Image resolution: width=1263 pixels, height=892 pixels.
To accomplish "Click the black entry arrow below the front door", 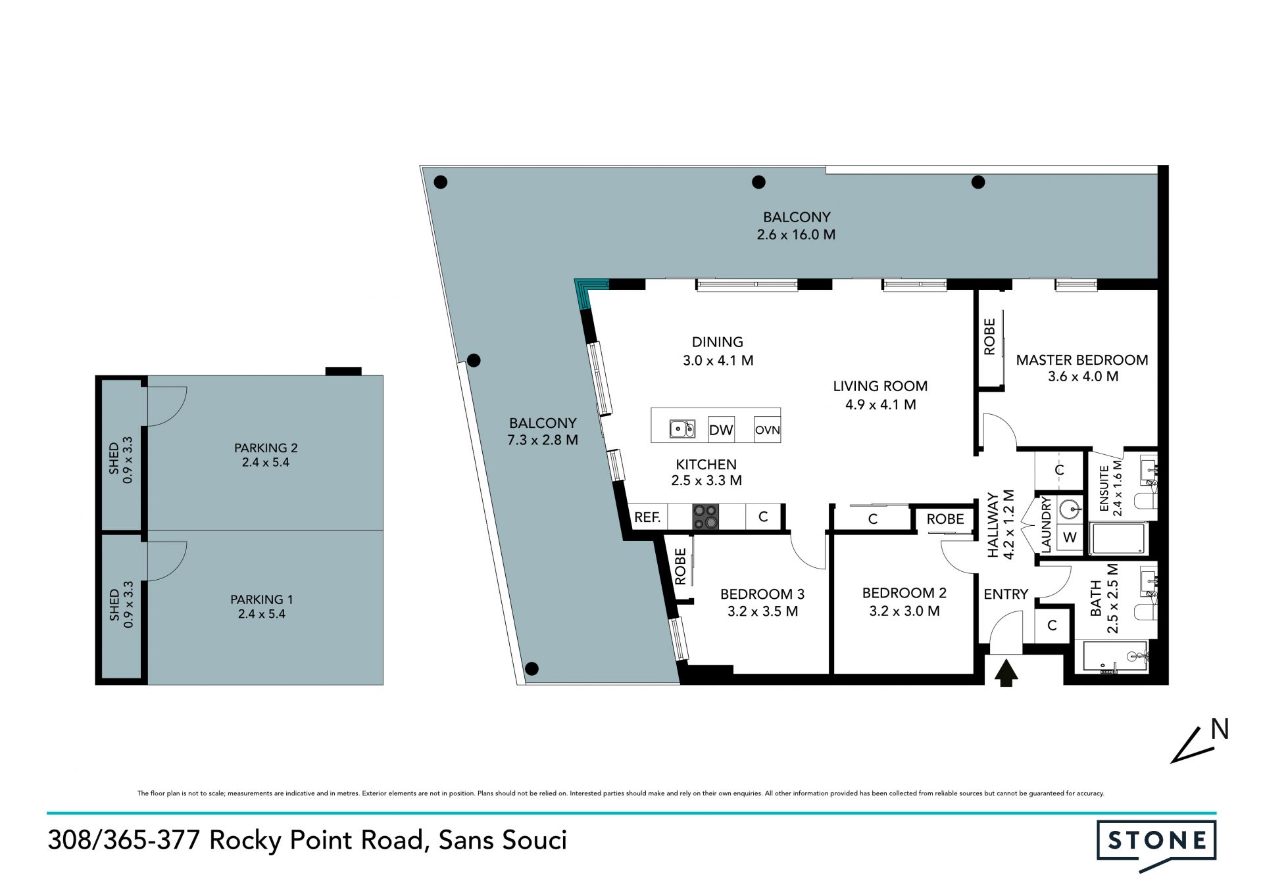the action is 1006,674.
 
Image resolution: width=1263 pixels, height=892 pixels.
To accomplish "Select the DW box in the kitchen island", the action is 721,430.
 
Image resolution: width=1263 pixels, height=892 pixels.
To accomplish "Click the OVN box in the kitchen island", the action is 767,430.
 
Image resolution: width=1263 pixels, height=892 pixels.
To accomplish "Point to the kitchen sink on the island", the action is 682,429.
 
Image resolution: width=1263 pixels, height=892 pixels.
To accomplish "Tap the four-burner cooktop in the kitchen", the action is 705,517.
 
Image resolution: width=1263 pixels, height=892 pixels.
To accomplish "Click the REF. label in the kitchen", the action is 647,517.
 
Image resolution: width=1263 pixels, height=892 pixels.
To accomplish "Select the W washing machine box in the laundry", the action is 1070,537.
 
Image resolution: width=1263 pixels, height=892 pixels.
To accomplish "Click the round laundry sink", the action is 1071,508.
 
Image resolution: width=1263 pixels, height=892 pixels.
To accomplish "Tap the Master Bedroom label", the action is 1082,360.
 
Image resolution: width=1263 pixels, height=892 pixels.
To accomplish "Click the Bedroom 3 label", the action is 762,594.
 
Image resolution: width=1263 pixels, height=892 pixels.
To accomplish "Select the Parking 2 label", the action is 266,448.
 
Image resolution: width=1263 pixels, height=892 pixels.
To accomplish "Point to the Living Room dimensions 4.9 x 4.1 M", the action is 881,405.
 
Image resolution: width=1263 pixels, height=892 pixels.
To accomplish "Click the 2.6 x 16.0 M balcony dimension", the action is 796,235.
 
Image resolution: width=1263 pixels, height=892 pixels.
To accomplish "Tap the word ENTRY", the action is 1006,594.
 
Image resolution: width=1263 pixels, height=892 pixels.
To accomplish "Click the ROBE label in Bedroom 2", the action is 945,519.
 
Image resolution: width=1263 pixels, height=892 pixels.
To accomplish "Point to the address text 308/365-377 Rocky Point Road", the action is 235,841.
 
